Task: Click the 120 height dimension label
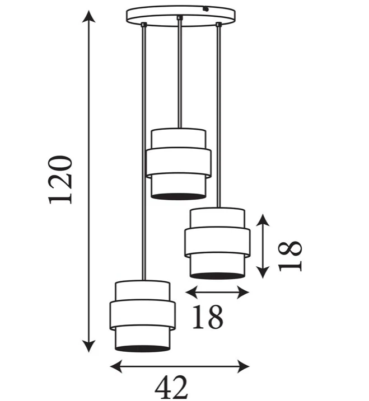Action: pos(60,180)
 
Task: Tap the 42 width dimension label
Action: pos(171,387)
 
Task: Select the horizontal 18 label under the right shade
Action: pos(207,317)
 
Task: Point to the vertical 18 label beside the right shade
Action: pos(290,256)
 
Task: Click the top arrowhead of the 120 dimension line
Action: pos(89,16)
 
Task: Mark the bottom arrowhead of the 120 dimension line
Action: pos(89,346)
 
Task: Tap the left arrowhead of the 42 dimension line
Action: pos(116,366)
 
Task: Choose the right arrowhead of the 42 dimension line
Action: pos(243,366)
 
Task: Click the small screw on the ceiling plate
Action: pos(205,9)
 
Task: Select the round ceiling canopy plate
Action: pos(181,16)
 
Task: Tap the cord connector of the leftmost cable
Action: pos(144,24)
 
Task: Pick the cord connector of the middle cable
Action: pos(180,17)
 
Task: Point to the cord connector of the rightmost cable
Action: pos(219,24)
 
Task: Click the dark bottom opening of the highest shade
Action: pos(178,196)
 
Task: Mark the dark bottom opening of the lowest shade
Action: pos(142,348)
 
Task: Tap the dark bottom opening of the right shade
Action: pos(217,276)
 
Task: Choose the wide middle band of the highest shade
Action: pos(179,163)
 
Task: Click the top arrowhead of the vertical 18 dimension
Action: pos(263,220)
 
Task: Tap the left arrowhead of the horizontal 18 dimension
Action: pos(191,292)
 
